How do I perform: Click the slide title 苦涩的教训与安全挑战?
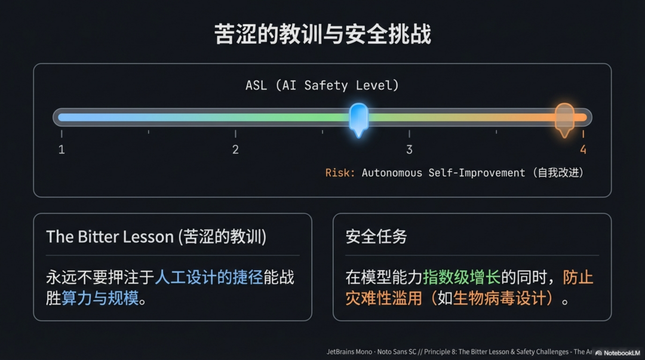click(322, 34)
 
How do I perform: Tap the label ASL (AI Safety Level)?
click(322, 85)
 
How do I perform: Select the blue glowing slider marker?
click(358, 118)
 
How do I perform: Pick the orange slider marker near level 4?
click(564, 118)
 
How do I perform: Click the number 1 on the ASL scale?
click(62, 149)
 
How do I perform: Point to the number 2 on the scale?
click(235, 149)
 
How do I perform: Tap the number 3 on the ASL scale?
click(409, 149)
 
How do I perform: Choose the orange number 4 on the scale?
click(583, 149)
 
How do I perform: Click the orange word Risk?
click(340, 173)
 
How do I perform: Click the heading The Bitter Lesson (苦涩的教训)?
click(156, 236)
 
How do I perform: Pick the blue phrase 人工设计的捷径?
click(208, 277)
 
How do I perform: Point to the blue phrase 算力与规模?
click(100, 297)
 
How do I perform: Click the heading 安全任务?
click(376, 236)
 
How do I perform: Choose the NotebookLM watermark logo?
click(598, 352)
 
